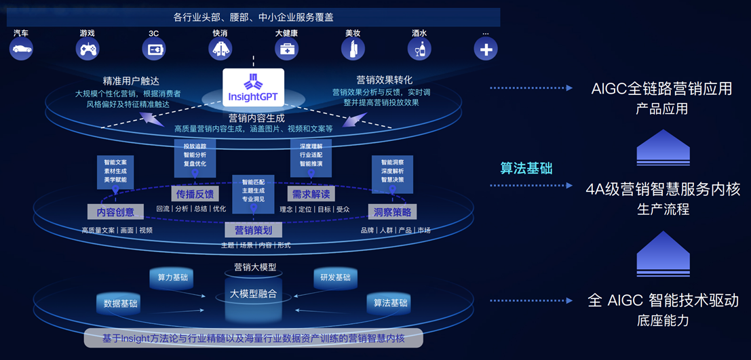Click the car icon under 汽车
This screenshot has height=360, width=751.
(21, 49)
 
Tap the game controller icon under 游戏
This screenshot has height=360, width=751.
(88, 49)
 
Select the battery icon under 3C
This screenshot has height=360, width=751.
(154, 49)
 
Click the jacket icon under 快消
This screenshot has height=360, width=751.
(220, 49)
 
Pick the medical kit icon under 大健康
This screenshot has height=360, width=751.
(286, 49)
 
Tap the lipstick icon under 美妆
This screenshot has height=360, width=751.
(353, 49)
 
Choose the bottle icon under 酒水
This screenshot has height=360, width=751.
(419, 49)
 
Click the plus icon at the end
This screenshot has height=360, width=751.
(486, 49)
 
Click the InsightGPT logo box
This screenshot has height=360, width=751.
(252, 87)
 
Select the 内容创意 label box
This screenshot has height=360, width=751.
(115, 212)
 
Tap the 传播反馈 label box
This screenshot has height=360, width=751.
(195, 194)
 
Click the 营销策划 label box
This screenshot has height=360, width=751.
(253, 230)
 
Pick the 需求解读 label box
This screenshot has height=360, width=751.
(311, 194)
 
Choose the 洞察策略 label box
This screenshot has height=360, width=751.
(392, 212)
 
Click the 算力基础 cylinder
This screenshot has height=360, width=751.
(172, 277)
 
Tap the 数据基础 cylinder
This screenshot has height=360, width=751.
(120, 303)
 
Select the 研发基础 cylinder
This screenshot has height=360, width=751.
(335, 277)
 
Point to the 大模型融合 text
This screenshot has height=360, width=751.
(253, 294)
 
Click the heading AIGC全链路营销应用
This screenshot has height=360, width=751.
(661, 89)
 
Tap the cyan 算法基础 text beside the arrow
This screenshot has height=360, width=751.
(526, 168)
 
